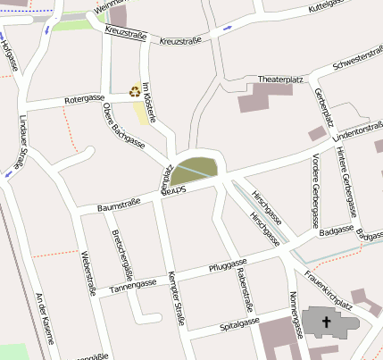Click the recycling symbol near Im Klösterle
coord(135,90)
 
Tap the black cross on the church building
coord(326,322)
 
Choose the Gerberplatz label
coord(325,108)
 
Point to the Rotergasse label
coord(85,99)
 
